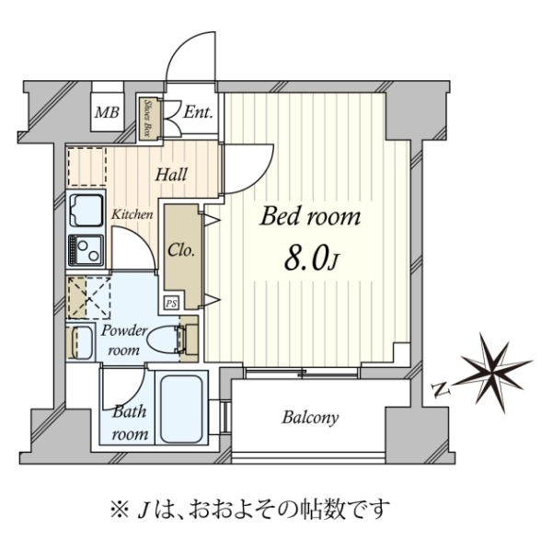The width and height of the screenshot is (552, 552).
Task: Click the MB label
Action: (x=107, y=112)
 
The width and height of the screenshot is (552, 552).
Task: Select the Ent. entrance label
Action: (x=198, y=112)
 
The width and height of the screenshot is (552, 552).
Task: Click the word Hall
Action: (x=171, y=175)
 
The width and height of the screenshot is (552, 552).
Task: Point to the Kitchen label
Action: (x=132, y=214)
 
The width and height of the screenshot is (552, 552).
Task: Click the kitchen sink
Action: (x=86, y=210)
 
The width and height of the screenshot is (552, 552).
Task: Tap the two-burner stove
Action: (x=86, y=250)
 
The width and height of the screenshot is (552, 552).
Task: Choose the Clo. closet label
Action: (x=181, y=250)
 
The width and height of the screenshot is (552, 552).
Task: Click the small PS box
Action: (x=171, y=303)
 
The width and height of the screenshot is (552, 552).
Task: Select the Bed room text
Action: (x=311, y=216)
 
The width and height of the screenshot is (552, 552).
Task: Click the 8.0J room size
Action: (x=311, y=260)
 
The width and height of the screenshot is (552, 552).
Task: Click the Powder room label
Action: (x=123, y=340)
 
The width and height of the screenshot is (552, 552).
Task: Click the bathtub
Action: (x=181, y=409)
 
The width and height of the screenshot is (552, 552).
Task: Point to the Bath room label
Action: (x=130, y=422)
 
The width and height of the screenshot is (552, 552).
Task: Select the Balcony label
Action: (x=310, y=418)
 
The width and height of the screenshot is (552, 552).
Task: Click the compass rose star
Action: (x=496, y=373)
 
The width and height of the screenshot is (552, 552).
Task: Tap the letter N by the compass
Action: (x=440, y=390)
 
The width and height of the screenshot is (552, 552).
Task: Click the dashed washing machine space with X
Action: (x=89, y=298)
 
